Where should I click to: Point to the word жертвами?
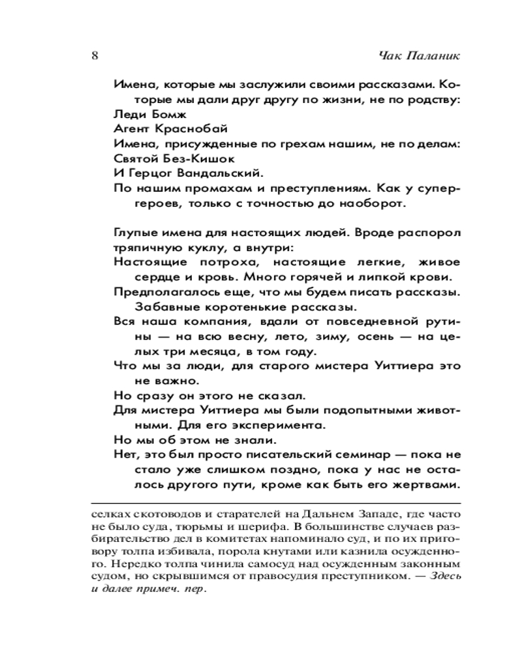coord(428,486)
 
